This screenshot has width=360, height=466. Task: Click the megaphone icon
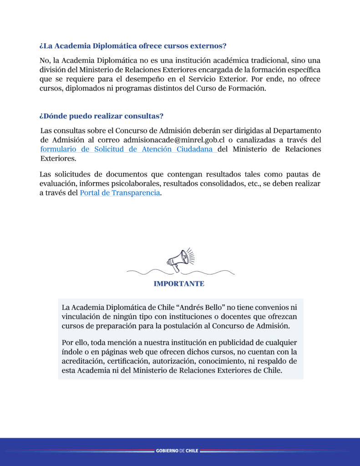(181, 260)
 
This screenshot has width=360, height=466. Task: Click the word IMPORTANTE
(179, 284)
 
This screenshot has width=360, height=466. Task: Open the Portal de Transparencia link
(120, 192)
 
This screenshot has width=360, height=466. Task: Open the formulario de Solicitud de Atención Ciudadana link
(128, 149)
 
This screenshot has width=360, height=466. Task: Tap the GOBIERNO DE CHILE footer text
(177, 451)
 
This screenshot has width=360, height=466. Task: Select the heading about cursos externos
(133, 46)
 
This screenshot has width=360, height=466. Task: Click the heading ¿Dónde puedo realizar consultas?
(101, 116)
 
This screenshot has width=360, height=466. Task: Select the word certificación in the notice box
(128, 361)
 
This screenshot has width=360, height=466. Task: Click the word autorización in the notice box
(178, 361)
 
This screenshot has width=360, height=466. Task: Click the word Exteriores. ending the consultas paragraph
(58, 159)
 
